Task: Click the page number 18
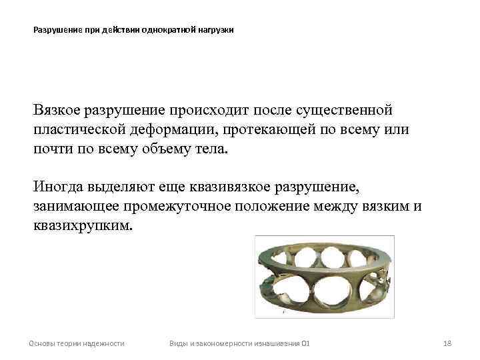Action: click(447, 343)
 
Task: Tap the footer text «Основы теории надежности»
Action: click(76, 343)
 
